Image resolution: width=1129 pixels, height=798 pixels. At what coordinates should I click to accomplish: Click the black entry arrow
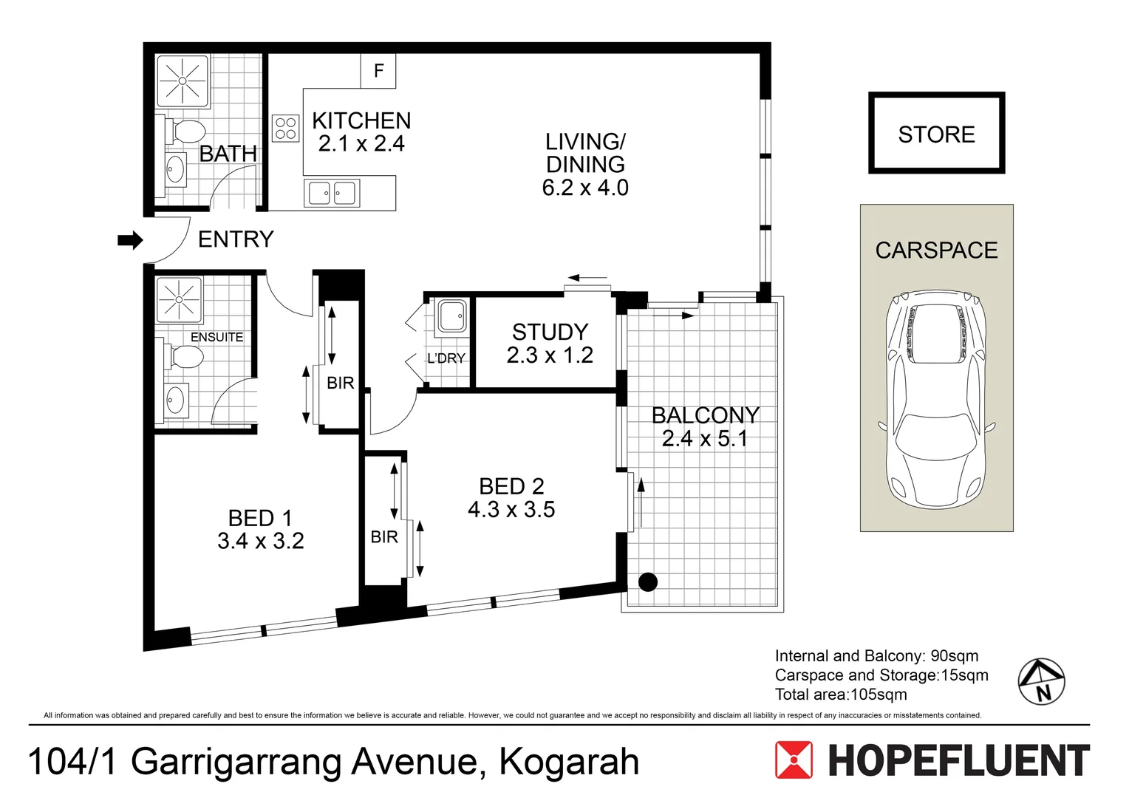coord(130,240)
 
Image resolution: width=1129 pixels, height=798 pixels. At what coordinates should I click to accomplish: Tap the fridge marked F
coord(378,71)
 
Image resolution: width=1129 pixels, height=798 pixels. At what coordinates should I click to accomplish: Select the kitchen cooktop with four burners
coord(285,128)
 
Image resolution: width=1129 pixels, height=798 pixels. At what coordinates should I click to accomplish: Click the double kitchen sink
coord(332,193)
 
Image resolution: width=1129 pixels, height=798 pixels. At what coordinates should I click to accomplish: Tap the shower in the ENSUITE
coord(180,300)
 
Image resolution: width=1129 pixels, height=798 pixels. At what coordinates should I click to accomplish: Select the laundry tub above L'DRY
coord(451,316)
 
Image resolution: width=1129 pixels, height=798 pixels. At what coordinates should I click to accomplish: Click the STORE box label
coord(936,134)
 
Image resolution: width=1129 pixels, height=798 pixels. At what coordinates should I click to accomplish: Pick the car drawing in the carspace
coord(936,399)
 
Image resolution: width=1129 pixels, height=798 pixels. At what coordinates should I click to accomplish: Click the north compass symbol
coord(1041,681)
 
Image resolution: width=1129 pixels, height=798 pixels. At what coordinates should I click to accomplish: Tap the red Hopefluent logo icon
coord(794,760)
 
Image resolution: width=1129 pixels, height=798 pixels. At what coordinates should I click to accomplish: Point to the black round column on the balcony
coord(648,582)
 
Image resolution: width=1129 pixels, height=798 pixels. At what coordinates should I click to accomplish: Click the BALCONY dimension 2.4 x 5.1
coord(705,439)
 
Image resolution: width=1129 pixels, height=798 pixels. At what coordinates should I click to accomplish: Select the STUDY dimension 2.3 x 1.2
coord(550,355)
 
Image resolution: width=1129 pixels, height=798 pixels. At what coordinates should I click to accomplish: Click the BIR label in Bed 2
coord(384,537)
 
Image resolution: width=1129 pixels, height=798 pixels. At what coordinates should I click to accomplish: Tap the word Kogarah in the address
coord(569,762)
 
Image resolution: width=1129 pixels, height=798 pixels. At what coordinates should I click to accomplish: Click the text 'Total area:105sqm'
coord(841,695)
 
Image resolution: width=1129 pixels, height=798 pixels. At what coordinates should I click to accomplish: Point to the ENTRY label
coord(236,239)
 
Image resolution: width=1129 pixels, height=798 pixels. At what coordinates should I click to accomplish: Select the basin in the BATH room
coord(175,168)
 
